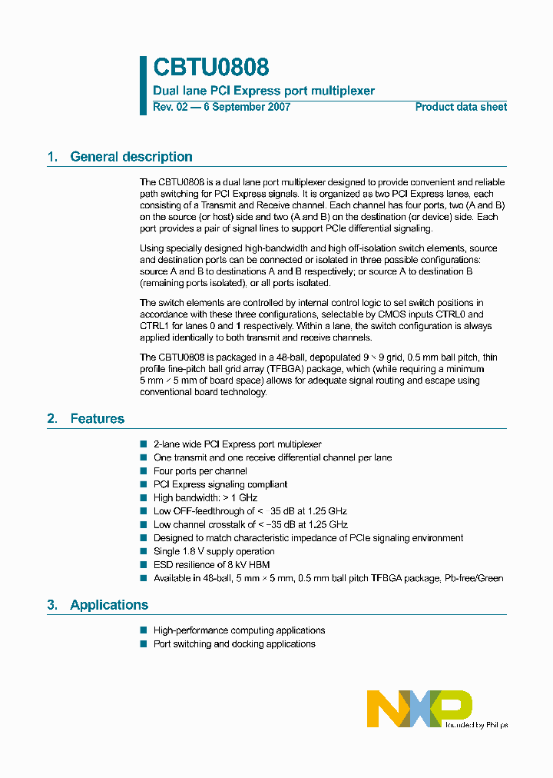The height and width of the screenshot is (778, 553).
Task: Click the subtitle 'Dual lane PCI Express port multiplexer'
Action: point(264,91)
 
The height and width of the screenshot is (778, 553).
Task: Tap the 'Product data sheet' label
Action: point(461,107)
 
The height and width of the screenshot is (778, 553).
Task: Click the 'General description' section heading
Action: point(131,157)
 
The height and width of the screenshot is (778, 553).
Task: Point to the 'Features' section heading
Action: point(97,419)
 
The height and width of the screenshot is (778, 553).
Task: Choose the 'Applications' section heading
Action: point(109,605)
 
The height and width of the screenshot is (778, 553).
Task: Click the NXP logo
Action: point(419,708)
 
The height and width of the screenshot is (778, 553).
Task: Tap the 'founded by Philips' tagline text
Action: point(475,724)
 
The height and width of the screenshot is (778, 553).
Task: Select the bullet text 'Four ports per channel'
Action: point(200,471)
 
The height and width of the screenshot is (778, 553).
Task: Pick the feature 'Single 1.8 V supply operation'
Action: point(214,551)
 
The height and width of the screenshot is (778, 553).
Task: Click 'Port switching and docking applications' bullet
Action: point(234,644)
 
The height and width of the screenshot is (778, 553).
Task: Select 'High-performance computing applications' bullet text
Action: point(239,630)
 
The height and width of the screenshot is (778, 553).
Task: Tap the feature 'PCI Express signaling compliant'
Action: point(220,484)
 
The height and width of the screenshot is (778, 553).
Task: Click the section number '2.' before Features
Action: point(52,419)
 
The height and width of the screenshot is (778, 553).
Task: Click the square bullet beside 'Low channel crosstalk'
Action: point(143,525)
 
